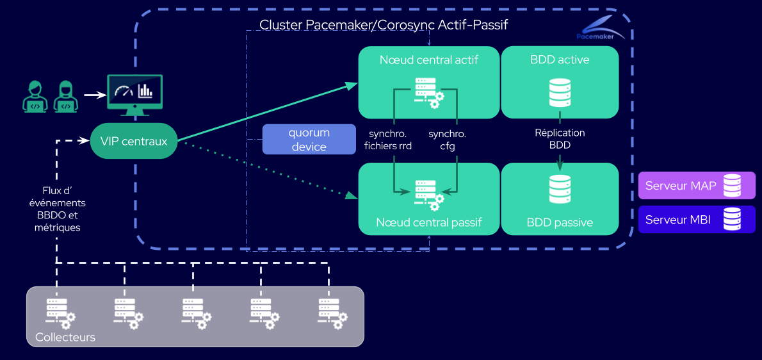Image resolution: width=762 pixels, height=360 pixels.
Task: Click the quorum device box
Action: (x=309, y=140)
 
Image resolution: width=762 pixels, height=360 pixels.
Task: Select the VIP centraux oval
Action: (x=133, y=141)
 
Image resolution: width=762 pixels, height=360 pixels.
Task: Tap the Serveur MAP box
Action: (x=697, y=186)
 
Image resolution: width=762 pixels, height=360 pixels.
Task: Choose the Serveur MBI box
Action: (x=697, y=219)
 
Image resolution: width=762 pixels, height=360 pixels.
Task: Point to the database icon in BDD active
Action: (x=560, y=93)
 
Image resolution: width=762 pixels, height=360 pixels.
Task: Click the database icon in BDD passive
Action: (x=560, y=190)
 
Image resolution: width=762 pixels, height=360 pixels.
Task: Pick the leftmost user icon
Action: (x=35, y=96)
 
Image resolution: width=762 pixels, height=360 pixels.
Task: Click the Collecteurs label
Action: (x=65, y=337)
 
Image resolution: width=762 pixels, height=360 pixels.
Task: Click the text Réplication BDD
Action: (x=560, y=139)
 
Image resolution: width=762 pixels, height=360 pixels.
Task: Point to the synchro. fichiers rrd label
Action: (x=388, y=140)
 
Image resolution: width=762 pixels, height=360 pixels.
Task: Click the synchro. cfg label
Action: (x=447, y=140)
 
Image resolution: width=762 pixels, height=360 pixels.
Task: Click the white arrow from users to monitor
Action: (x=95, y=95)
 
